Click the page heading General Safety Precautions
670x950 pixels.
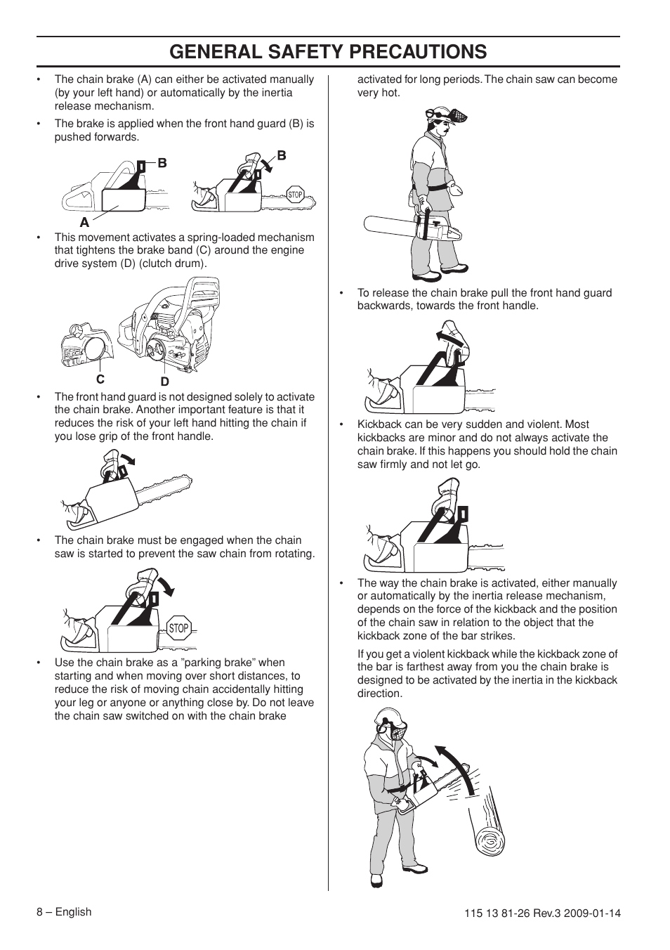(328, 51)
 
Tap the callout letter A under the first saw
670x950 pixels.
(84, 222)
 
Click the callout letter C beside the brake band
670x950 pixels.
(100, 379)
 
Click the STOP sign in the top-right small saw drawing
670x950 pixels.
(295, 195)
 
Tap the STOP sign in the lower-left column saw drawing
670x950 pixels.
(179, 628)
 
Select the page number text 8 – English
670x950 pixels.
(64, 912)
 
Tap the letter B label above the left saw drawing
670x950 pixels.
(162, 163)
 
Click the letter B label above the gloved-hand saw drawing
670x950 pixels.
(282, 156)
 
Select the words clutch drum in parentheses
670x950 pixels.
(175, 263)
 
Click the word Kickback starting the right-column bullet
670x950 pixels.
(379, 424)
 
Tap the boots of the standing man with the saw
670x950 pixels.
(435, 273)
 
